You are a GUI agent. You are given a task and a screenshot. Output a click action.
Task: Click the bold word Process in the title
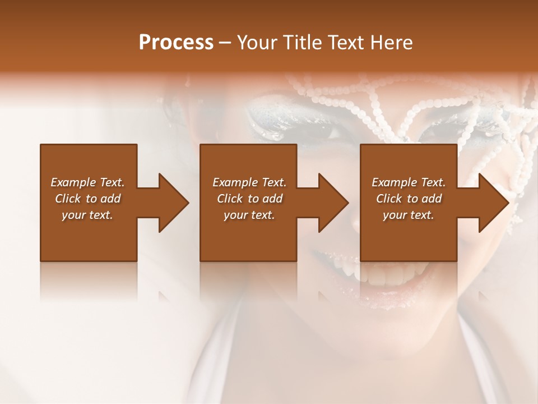tap(176, 43)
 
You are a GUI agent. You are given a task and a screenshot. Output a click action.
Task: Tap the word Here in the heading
tap(392, 43)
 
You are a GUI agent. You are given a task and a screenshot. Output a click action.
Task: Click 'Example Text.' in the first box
tap(87, 182)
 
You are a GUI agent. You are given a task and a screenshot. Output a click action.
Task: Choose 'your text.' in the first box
tap(87, 215)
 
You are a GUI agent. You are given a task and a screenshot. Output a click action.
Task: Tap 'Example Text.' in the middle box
tap(249, 182)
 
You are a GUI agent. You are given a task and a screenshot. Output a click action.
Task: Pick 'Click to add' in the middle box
tap(249, 199)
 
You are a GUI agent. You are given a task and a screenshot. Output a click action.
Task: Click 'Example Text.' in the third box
tap(409, 182)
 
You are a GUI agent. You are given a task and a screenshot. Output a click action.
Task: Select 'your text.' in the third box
tap(409, 215)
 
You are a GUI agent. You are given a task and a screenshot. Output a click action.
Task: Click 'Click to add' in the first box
tap(87, 199)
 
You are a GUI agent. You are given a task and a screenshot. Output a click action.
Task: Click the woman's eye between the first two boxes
tap(322, 130)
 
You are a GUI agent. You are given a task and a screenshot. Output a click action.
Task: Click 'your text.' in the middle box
tap(249, 215)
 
